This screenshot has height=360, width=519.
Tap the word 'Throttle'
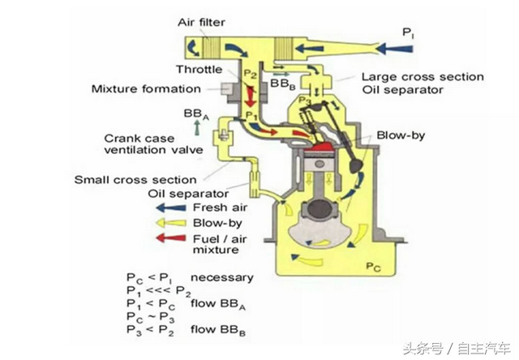click(198, 69)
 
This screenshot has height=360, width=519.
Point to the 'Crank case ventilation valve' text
click(150, 145)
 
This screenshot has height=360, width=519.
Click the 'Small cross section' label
click(135, 179)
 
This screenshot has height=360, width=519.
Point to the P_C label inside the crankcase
click(373, 266)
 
